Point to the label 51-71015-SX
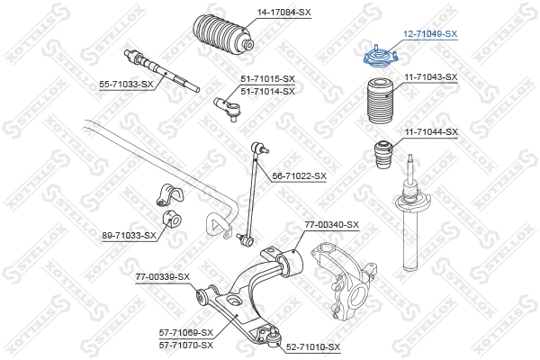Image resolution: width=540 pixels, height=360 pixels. (x=267, y=80)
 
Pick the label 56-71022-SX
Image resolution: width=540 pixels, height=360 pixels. (x=299, y=176)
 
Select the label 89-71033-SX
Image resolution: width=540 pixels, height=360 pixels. (x=129, y=236)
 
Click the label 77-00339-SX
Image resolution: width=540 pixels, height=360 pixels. (x=162, y=276)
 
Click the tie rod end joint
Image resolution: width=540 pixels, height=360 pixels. (x=226, y=107)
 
